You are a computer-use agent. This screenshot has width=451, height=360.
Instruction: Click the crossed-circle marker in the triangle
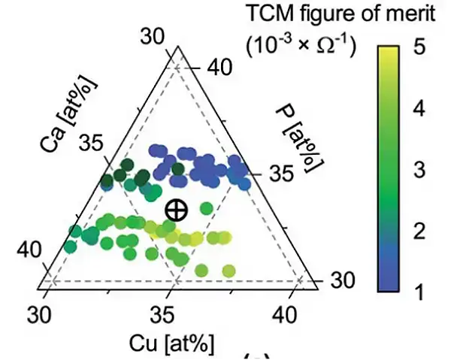(176, 210)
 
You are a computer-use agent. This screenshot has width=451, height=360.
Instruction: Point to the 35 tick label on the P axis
(279, 174)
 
